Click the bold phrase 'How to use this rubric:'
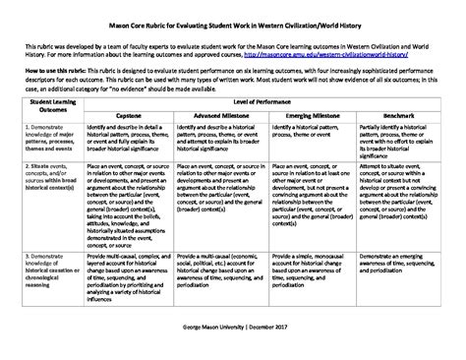pyautogui.click(x=48, y=72)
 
